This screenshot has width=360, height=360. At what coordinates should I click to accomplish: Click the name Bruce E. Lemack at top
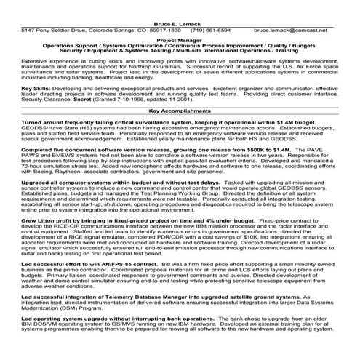click(x=180, y=23)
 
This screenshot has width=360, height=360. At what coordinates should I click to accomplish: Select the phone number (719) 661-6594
click(x=210, y=31)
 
